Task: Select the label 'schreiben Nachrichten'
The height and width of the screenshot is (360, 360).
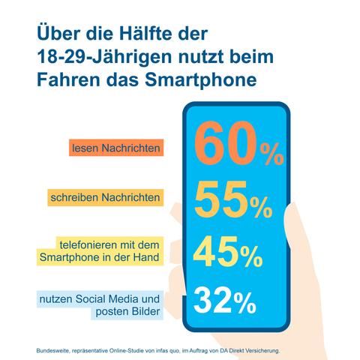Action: tap(104, 199)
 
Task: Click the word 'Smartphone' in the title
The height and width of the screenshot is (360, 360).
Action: tap(196, 79)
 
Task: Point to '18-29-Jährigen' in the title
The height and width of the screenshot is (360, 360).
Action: tap(97, 56)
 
